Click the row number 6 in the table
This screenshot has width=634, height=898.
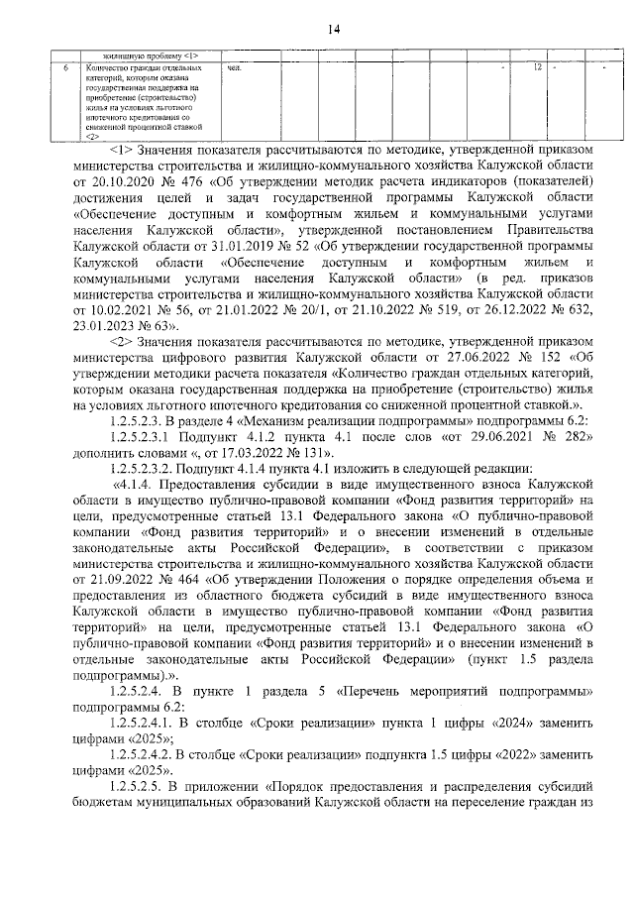(64, 67)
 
